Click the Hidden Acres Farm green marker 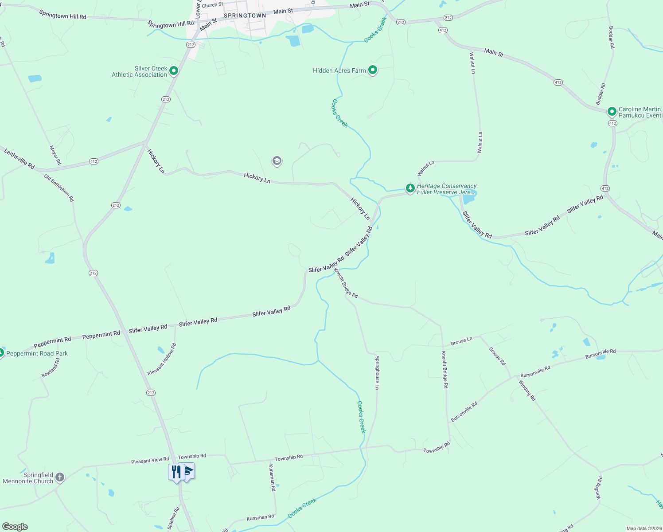click(373, 70)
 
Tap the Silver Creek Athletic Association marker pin click(174, 70)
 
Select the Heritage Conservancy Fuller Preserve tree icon click(410, 188)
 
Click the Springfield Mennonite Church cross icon click(60, 477)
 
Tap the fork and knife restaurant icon click(176, 472)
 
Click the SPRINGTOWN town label click(245, 16)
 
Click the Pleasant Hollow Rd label click(162, 359)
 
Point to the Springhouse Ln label click(377, 372)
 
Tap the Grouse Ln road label click(461, 341)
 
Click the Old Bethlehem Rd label click(59, 188)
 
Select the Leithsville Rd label click(19, 159)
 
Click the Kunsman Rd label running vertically click(273, 477)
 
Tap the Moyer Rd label click(55, 155)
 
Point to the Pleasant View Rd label click(150, 461)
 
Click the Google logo click(15, 527)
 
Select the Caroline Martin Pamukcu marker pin click(612, 111)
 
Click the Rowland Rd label click(51, 368)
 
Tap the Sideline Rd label click(173, 518)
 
